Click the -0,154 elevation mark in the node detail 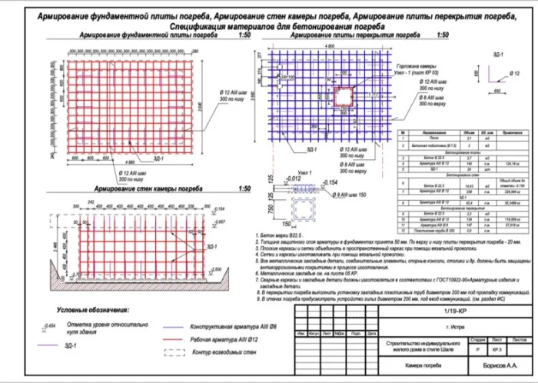click(330, 182)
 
